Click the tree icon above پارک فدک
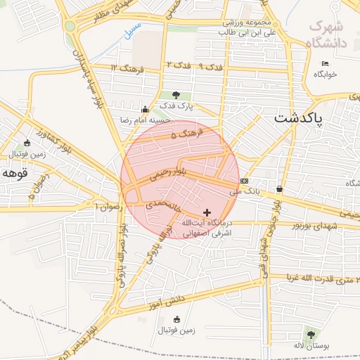(x=175, y=95)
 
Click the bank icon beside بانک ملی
(x=244, y=181)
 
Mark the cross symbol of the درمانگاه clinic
(x=206, y=212)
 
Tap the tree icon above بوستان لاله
(x=310, y=335)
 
